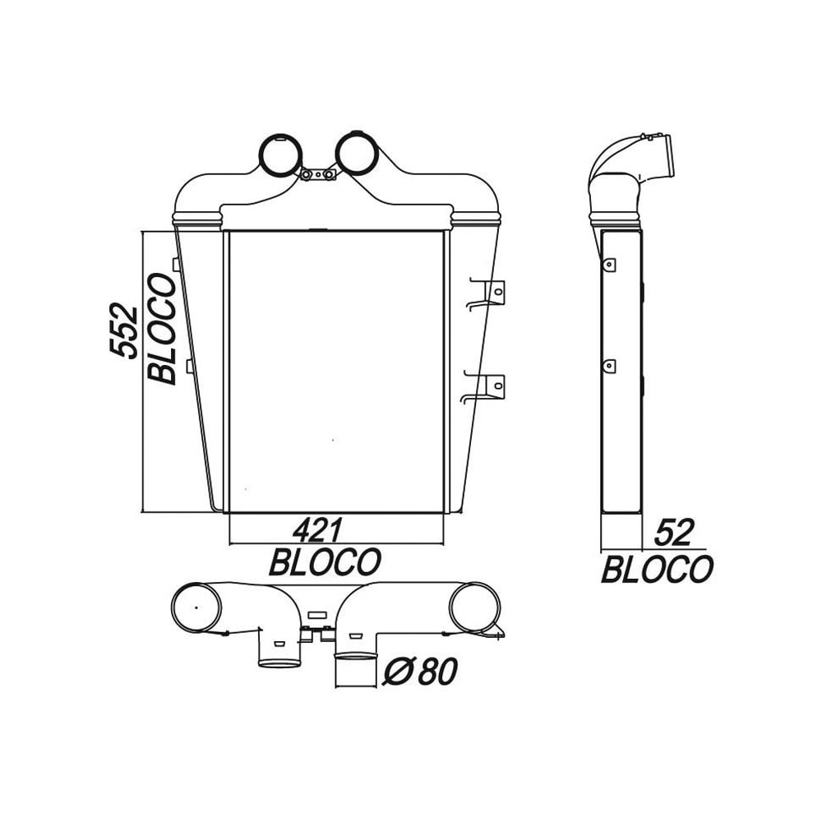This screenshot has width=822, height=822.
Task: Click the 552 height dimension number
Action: [x=123, y=330]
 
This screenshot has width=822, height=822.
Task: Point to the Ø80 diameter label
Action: [x=419, y=672]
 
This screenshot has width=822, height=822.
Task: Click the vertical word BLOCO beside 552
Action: [x=162, y=329]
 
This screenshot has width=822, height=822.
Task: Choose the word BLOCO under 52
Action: [x=657, y=569]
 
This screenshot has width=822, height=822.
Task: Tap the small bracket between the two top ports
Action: [x=317, y=175]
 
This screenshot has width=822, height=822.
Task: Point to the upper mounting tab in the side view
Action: [x=609, y=264]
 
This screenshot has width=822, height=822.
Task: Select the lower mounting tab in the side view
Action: [x=609, y=364]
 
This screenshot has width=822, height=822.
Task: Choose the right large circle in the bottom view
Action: [x=474, y=608]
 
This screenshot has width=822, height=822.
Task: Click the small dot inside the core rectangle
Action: [x=333, y=441]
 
